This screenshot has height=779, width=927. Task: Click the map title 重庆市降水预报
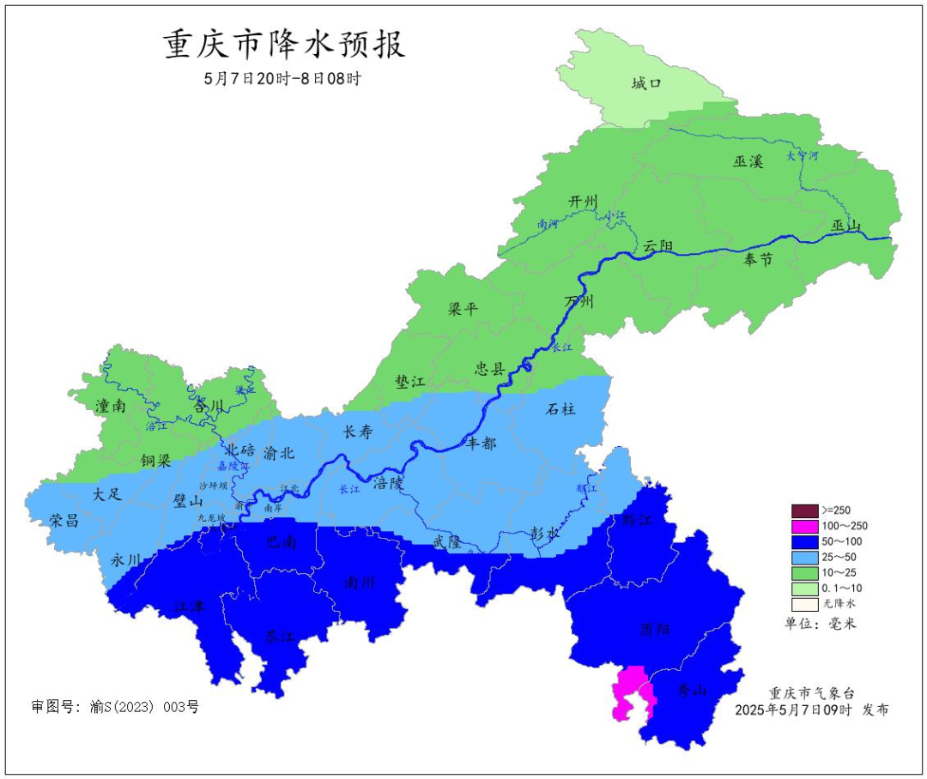284,45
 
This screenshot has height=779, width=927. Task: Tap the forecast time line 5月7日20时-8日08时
282,78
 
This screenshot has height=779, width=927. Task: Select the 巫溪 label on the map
748,160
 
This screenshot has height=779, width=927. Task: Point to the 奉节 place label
758,260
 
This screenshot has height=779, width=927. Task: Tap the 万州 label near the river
579,301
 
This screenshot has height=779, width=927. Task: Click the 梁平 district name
463,310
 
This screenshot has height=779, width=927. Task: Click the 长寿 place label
358,432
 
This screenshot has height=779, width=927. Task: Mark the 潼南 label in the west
111,406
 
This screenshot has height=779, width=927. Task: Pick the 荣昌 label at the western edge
64,521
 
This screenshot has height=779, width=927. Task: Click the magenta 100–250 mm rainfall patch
631,691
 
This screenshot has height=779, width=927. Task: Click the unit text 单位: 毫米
821,624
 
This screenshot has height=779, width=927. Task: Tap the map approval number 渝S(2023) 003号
115,708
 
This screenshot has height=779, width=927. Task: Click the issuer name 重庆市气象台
812,693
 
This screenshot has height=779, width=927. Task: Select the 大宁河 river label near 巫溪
803,157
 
